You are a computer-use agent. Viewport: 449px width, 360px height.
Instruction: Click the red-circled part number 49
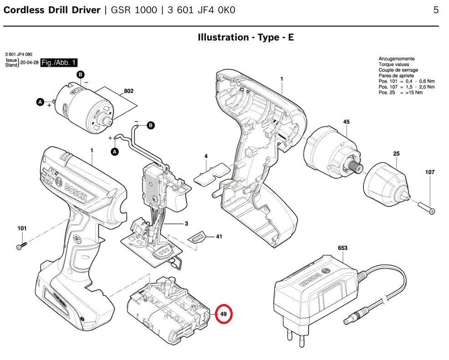pyautogui.click(x=224, y=314)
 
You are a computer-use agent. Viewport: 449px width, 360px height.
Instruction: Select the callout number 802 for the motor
pyautogui.click(x=128, y=91)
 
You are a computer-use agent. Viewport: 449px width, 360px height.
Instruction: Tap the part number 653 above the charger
pyautogui.click(x=342, y=248)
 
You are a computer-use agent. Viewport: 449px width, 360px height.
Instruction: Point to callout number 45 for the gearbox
pyautogui.click(x=346, y=122)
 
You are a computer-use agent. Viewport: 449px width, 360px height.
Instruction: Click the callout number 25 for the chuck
pyautogui.click(x=396, y=154)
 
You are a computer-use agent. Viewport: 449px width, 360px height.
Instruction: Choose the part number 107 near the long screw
pyautogui.click(x=430, y=172)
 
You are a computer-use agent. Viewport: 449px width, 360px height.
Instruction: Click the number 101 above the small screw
pyautogui.click(x=22, y=228)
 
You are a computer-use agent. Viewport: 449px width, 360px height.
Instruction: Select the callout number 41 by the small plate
pyautogui.click(x=219, y=237)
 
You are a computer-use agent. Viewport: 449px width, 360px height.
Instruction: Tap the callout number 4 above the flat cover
pyautogui.click(x=206, y=156)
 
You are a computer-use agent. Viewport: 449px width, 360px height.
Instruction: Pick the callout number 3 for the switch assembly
pyautogui.click(x=186, y=224)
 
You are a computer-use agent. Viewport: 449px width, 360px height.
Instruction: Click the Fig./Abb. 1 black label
pyautogui.click(x=59, y=62)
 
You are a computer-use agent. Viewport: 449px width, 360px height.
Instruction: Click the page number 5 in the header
pyautogui.click(x=436, y=10)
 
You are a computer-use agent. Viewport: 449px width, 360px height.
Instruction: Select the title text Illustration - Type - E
pyautogui.click(x=245, y=37)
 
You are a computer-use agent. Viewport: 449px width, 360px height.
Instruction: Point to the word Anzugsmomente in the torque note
pyautogui.click(x=396, y=59)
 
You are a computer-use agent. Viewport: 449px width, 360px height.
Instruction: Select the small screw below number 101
pyautogui.click(x=21, y=245)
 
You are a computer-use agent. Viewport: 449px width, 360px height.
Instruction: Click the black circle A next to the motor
pyautogui.click(x=40, y=103)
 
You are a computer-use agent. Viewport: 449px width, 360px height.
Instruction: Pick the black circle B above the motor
pyautogui.click(x=80, y=74)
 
